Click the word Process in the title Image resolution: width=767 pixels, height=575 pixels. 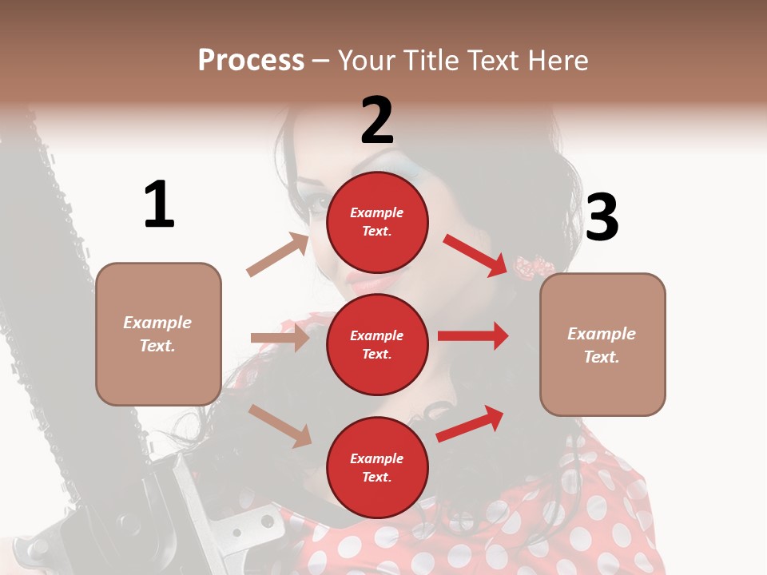click(251, 60)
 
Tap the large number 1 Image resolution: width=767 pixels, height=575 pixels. click(159, 205)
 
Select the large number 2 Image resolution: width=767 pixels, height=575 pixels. click(377, 121)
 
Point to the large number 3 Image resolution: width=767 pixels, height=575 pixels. click(602, 217)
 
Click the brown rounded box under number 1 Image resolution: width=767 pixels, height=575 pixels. click(158, 334)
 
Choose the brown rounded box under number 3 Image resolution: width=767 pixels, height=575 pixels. click(602, 344)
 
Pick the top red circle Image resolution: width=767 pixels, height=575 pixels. click(377, 222)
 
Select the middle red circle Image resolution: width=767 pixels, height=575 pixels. click(377, 344)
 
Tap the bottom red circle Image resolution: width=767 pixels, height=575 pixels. click(377, 467)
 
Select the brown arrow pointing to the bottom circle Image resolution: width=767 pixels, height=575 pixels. click(280, 426)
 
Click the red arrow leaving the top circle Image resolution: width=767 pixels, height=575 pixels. click(476, 255)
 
